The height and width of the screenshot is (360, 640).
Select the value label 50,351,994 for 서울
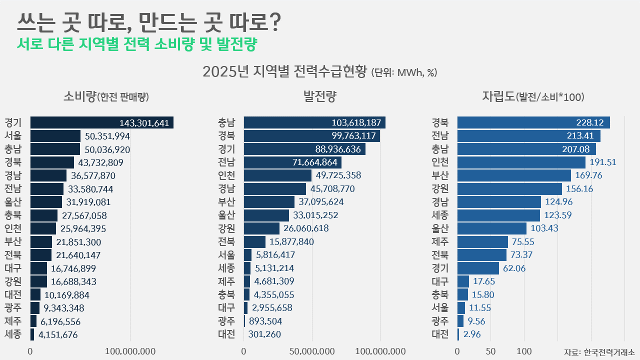tap(107, 136)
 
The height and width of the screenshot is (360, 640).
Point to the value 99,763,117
tap(353, 136)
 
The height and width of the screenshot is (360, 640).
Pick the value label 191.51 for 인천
tap(603, 162)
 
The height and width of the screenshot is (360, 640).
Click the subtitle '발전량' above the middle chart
tap(319, 96)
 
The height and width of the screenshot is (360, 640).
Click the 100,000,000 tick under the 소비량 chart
tap(130, 351)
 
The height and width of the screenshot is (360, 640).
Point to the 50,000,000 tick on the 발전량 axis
tap(312, 351)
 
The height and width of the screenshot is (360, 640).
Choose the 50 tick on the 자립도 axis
tap(491, 351)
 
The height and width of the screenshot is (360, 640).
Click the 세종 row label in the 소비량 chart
tap(12, 334)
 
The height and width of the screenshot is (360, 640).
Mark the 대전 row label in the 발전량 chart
tap(226, 334)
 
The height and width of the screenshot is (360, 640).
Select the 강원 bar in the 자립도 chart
tap(509, 189)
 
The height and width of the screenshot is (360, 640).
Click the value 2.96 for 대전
tap(472, 334)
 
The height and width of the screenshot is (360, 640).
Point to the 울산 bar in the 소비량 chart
tap(46, 202)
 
